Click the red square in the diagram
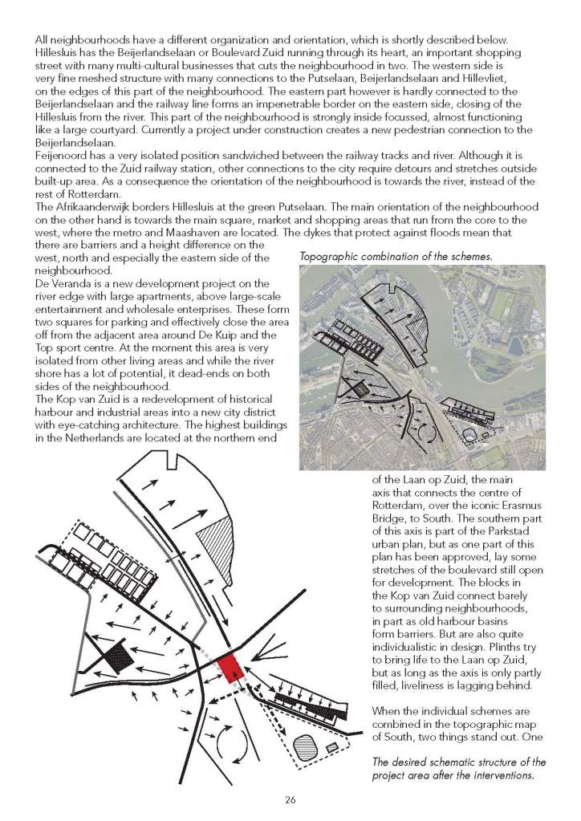point(232,665)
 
